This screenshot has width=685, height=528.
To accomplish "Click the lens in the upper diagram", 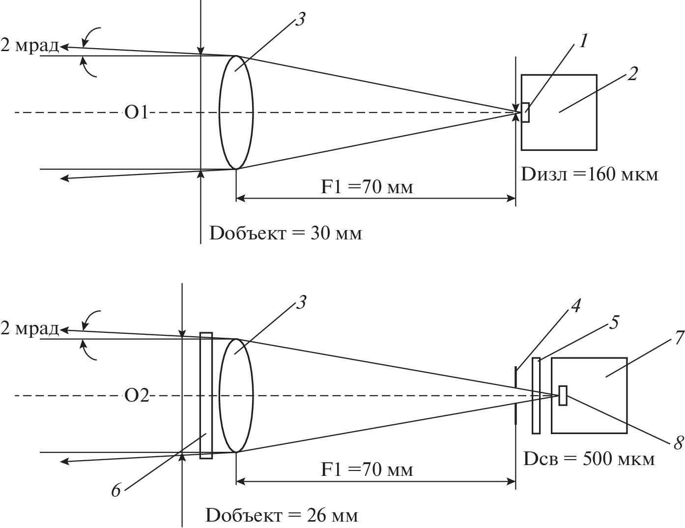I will tap(236, 113).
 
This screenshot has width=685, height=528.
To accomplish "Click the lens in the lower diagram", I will tap(236, 395).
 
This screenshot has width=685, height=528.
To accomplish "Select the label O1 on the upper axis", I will tap(136, 113).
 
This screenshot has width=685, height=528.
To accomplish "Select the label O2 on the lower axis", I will tap(136, 396).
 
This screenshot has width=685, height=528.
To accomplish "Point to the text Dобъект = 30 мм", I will tap(285, 232).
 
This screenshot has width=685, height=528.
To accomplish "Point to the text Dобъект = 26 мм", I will tap(282, 515).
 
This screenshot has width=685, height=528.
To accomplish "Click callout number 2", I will tap(632, 74).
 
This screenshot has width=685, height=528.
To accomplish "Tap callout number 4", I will tap(575, 306).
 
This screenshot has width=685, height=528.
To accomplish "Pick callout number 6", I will tap(116, 490).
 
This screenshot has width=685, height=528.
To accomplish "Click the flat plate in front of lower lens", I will tap(206, 395).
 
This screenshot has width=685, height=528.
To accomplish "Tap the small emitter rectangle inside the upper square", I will tap(525, 113).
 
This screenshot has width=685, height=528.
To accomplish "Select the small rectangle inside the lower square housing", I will tap(563, 396).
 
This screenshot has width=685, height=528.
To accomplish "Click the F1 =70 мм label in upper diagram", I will tap(367, 187).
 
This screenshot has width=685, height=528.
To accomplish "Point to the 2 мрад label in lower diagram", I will tap(29, 328).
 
